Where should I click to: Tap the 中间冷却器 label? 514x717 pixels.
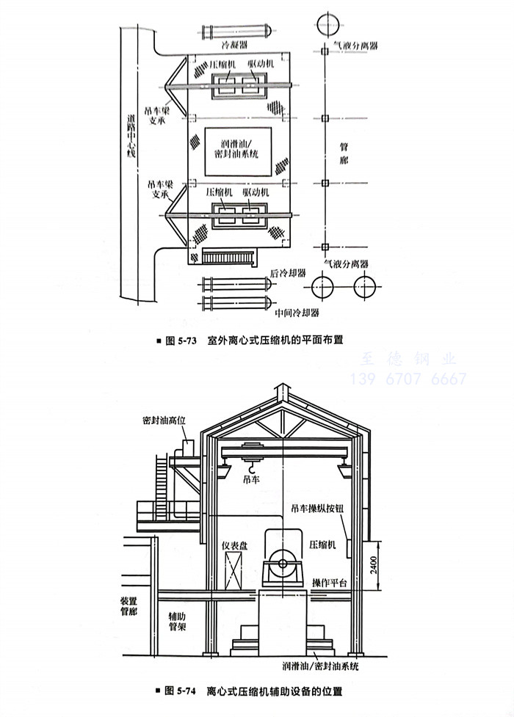coord(297,312)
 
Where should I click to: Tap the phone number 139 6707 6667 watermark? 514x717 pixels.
coord(409,379)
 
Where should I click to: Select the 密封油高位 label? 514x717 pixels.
coord(166,421)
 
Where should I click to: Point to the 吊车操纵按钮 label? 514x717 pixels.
coord(318,507)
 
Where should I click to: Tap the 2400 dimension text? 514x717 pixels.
coord(373,565)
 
